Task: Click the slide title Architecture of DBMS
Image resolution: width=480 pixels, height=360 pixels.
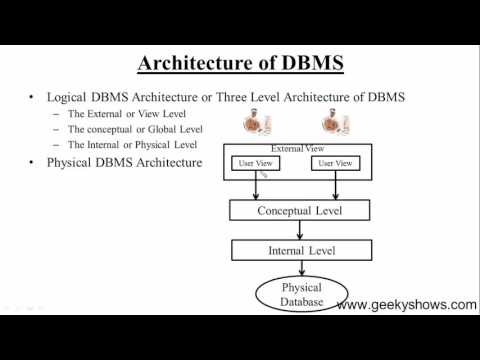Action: [x=240, y=63]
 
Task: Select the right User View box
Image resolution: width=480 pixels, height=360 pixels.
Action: [x=335, y=162]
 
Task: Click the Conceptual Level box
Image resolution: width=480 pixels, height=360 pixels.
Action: [x=299, y=211]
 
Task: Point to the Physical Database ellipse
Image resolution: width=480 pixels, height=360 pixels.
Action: [x=300, y=295]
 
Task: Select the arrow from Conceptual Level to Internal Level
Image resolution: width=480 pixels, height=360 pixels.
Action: [x=299, y=229]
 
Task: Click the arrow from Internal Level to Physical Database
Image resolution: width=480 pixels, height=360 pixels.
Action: [x=299, y=267]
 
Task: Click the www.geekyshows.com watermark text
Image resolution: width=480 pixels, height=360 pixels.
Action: [x=406, y=305]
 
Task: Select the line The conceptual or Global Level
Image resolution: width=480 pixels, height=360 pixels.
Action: [x=135, y=130]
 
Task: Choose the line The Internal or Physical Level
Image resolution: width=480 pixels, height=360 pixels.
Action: [x=133, y=145]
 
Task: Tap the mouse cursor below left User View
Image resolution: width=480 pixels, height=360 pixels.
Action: [x=264, y=174]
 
